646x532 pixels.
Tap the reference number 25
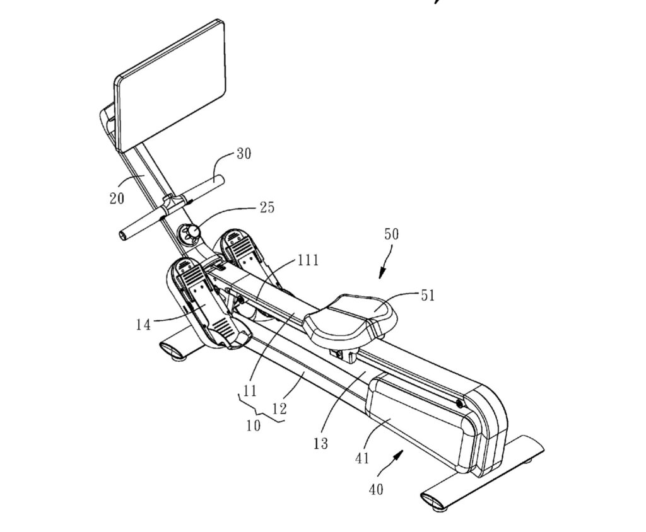pyautogui.click(x=267, y=207)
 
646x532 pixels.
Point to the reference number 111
pyautogui.click(x=308, y=260)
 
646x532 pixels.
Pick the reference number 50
pyautogui.click(x=392, y=234)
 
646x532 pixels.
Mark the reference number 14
pyautogui.click(x=143, y=325)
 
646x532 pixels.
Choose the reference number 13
pyautogui.click(x=320, y=443)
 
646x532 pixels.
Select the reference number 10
pyautogui.click(x=253, y=425)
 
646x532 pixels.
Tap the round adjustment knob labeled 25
pyautogui.click(x=191, y=234)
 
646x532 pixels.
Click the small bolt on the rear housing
pyautogui.click(x=459, y=403)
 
